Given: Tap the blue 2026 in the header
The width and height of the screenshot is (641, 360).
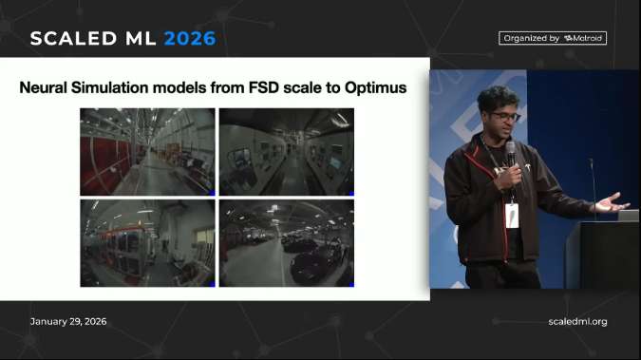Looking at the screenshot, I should [x=190, y=39].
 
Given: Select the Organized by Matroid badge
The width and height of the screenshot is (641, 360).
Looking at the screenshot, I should [x=553, y=38].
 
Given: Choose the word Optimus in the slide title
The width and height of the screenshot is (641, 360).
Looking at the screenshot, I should [x=374, y=87].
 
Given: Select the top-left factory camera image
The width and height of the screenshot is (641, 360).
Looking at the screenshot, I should [x=147, y=152].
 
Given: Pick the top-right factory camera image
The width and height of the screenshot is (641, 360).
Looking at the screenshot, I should [x=287, y=152].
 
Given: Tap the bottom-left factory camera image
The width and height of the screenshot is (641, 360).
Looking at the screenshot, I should [x=147, y=242].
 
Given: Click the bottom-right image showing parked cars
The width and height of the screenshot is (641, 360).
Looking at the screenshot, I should [x=287, y=242].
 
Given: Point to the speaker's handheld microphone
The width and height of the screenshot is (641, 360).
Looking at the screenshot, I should [x=511, y=154].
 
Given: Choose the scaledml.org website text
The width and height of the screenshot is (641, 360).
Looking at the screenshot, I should [x=577, y=321].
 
